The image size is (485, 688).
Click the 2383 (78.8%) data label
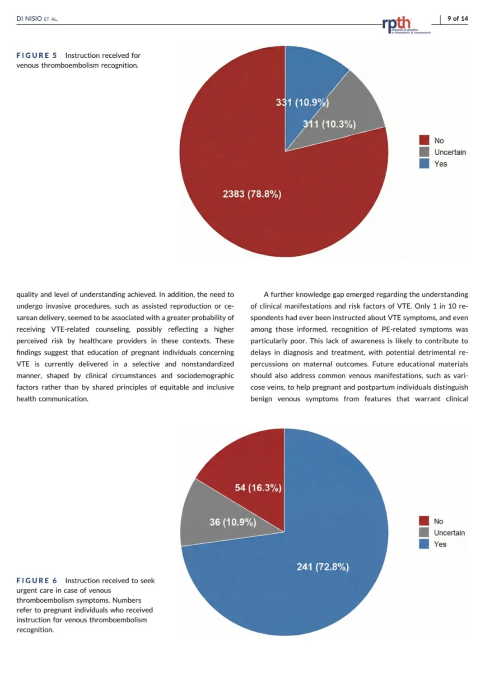point(252,194)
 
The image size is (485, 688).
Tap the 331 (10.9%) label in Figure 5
point(303,102)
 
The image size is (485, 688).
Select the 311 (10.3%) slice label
point(329,124)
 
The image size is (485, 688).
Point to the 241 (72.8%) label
point(323,567)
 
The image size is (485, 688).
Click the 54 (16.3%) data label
point(258,488)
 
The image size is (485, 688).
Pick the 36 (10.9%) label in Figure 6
point(233,522)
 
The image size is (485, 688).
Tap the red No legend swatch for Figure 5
point(424,140)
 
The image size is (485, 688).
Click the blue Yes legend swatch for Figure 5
point(424,163)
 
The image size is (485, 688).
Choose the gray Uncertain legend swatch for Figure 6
point(424,532)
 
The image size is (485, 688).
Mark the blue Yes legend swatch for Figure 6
point(424,544)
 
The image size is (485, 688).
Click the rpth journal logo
point(405,25)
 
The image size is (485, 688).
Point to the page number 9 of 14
point(457,18)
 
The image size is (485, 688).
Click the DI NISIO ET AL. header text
point(37,19)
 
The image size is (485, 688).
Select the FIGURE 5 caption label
point(37,55)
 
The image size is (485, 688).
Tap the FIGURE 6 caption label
point(37,581)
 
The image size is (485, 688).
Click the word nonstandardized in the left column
point(207,364)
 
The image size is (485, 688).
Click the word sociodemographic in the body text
point(205,376)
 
